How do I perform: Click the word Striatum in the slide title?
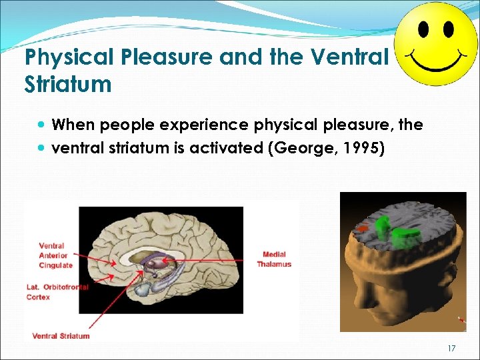67,84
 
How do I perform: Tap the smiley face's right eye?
448,30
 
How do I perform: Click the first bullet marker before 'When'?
43,125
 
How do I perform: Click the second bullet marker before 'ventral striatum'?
43,148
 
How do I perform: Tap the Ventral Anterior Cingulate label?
55,255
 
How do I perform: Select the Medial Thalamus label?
274,259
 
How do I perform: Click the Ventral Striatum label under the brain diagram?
61,336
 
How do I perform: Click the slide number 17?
451,349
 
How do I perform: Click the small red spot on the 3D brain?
363,229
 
